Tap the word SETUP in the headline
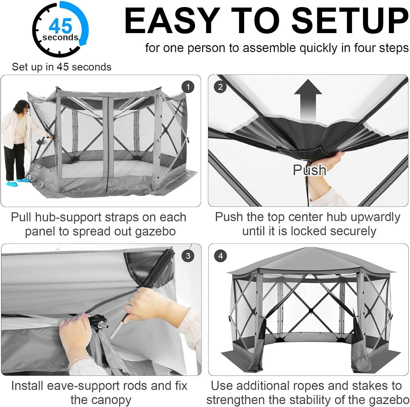[350, 21]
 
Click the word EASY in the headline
[172, 21]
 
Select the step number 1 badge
[188, 87]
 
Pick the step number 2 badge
[220, 87]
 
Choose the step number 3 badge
[188, 256]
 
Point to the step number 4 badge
[221, 256]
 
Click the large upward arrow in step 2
[308, 100]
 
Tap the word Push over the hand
[309, 170]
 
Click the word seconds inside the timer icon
[60, 37]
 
